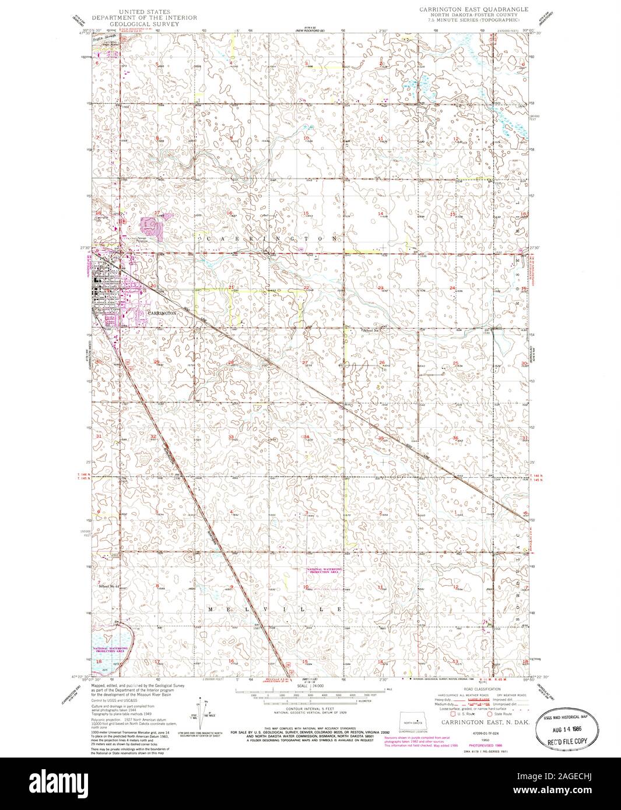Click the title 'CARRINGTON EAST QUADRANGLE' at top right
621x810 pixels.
[x=473, y=10]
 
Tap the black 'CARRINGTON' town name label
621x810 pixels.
[x=162, y=314]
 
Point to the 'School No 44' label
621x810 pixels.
[x=110, y=586]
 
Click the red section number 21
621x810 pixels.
[x=231, y=288]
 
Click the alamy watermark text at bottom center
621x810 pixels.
[x=310, y=780]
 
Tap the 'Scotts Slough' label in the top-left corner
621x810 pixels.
[x=107, y=37]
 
